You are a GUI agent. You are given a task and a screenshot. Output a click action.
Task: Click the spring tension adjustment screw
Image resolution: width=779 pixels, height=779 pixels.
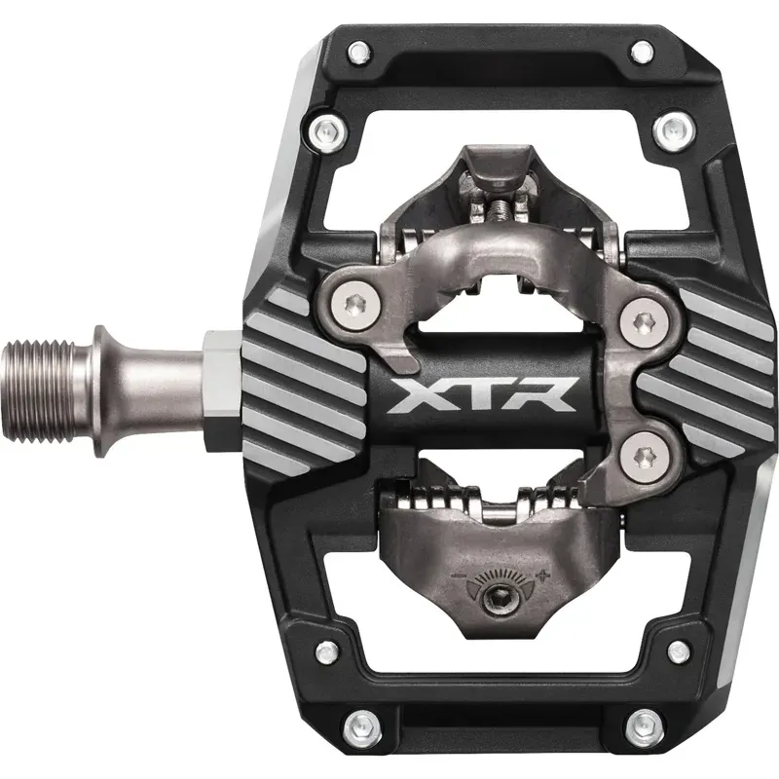click(498, 597)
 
